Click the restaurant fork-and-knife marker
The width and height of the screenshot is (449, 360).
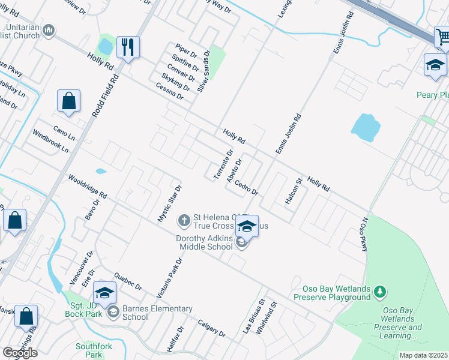point(128,47)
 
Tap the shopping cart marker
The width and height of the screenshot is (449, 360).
point(443,37)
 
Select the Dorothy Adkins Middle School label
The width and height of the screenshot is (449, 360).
point(204,242)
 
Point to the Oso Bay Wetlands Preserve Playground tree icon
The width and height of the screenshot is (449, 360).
point(379,292)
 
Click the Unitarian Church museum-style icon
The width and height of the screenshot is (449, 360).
point(49,30)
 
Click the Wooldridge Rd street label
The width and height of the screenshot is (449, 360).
point(87,187)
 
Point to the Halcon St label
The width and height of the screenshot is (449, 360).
point(294,191)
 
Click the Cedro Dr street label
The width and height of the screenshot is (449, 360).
point(246,188)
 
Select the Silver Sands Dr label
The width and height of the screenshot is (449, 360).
point(204,71)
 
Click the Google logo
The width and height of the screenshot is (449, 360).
point(20,352)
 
